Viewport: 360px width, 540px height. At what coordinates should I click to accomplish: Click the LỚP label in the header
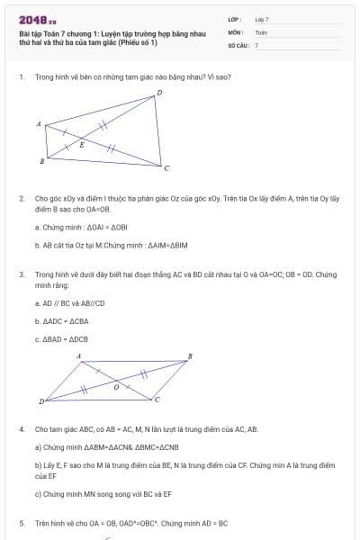pyautogui.click(x=233, y=18)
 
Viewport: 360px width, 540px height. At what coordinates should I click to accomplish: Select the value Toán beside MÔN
pyautogui.click(x=261, y=31)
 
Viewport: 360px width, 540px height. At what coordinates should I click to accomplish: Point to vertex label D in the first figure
pyautogui.click(x=159, y=93)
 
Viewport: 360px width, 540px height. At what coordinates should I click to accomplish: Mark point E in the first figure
pyautogui.click(x=82, y=144)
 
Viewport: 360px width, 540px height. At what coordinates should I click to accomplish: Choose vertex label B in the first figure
pyautogui.click(x=41, y=161)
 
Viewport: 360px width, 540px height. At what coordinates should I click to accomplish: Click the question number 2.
pyautogui.click(x=21, y=196)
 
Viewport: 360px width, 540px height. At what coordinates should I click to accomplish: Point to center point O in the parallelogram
pyautogui.click(x=114, y=385)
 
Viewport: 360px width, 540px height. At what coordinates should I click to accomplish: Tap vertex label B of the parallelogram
pyautogui.click(x=189, y=356)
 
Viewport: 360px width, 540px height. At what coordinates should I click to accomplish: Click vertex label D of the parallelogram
pyautogui.click(x=40, y=400)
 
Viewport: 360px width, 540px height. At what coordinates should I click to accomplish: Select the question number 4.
pyautogui.click(x=21, y=429)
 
